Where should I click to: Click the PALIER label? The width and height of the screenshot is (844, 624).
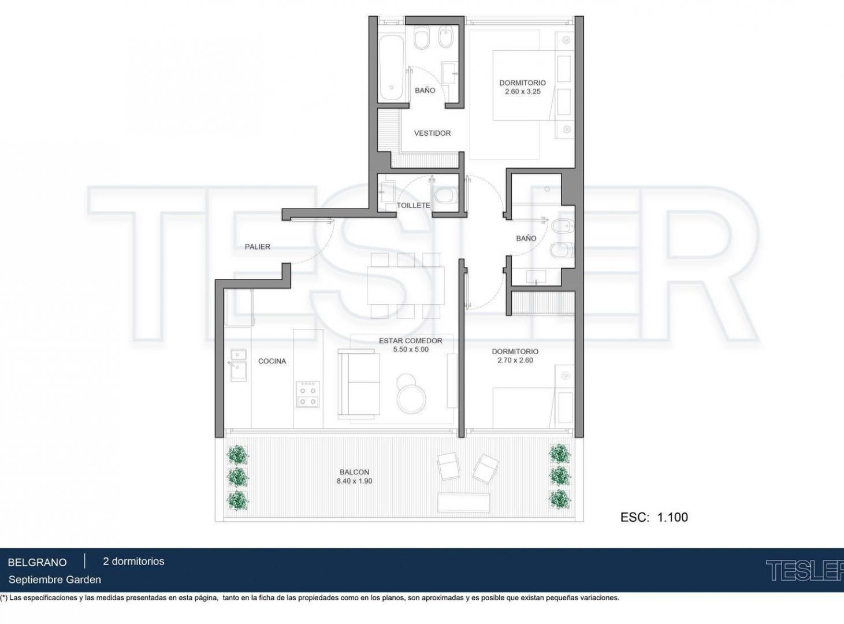[x=258, y=247]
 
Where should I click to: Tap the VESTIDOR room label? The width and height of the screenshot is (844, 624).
[x=432, y=133]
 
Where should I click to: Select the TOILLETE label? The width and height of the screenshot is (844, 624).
[x=413, y=205]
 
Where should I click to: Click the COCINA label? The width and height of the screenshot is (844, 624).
[x=272, y=361]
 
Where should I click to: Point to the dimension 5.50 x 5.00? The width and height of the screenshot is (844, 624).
[x=411, y=350]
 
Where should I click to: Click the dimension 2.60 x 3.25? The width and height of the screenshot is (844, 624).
[x=523, y=91]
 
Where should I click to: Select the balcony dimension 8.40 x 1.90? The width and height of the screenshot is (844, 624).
[x=354, y=481]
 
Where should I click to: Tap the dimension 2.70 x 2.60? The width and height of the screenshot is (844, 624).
[x=515, y=360]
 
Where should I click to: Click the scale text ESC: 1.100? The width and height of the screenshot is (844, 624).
[x=654, y=517]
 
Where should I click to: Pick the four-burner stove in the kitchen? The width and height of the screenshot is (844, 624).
[x=308, y=394]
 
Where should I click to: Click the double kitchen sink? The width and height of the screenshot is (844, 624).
[x=238, y=365]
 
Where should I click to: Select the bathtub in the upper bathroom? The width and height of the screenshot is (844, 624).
[x=391, y=68]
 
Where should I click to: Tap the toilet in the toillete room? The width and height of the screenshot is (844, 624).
[x=446, y=196]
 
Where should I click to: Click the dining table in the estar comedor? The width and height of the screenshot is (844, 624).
[x=406, y=285]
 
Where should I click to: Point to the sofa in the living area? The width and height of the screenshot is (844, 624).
[x=358, y=384]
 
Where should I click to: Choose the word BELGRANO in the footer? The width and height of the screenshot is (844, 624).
[x=38, y=562]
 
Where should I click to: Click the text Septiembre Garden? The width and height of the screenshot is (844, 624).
[x=55, y=580]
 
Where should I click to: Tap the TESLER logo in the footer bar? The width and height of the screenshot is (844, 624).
[x=804, y=570]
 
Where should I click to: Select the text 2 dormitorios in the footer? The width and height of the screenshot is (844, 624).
[x=133, y=561]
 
